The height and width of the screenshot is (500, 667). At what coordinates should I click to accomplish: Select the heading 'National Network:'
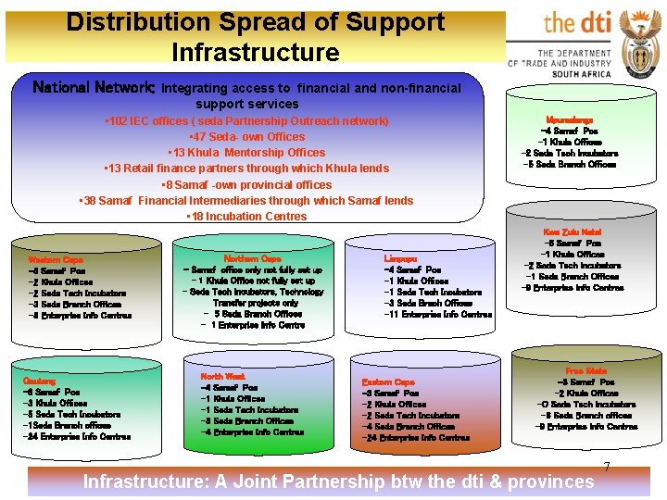94,88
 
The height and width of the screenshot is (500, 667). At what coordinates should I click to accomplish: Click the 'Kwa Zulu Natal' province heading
572,231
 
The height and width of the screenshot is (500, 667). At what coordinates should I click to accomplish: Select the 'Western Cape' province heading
56,260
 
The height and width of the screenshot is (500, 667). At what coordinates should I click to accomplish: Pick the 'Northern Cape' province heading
252,258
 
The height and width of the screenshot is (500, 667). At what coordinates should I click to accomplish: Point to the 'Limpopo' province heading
401,259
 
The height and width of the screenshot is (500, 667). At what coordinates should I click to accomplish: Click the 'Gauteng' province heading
39,381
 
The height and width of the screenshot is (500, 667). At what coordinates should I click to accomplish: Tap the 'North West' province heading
222,377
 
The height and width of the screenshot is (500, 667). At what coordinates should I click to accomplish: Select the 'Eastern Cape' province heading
388,381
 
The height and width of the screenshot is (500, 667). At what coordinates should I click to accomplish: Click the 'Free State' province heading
585,370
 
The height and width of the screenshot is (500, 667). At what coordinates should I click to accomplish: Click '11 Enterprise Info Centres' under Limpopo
437,314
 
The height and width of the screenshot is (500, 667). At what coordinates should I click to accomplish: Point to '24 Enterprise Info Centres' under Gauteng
77,436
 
